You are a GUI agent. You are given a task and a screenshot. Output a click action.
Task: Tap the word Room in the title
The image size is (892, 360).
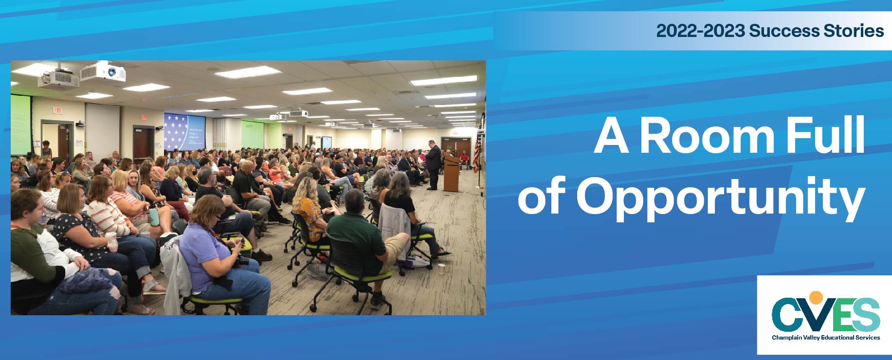[707, 136]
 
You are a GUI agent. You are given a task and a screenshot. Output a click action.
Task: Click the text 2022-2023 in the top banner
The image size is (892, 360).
[700, 31]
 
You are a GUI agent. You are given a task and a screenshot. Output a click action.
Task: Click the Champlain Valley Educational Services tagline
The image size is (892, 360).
[826, 338]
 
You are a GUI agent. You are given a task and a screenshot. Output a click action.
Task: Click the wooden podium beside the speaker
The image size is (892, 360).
[452, 173]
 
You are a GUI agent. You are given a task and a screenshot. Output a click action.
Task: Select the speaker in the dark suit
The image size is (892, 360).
[433, 164]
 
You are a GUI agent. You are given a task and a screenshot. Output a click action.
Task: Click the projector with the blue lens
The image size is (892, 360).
[103, 73]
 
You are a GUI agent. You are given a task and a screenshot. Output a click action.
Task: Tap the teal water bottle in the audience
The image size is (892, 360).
[155, 216]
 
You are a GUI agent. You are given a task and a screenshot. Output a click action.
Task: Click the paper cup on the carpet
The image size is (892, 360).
[441, 269]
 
